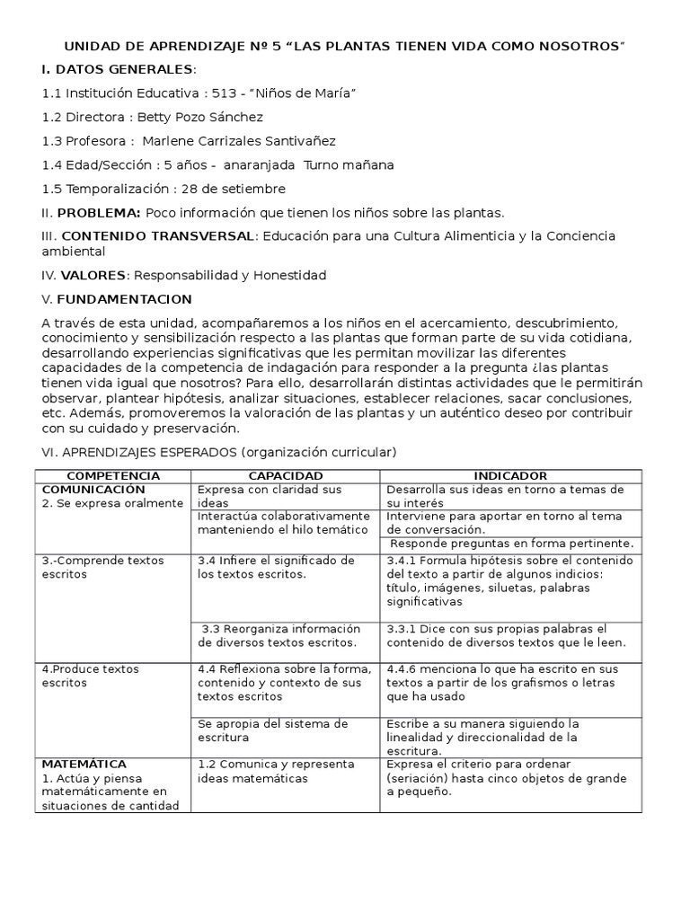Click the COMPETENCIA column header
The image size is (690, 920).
point(113,475)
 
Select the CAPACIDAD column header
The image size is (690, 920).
point(286,475)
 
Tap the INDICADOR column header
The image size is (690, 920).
point(510,475)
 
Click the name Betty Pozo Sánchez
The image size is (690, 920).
point(199,118)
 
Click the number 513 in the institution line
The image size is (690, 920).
point(223,93)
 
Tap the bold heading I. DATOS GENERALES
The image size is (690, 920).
point(117,69)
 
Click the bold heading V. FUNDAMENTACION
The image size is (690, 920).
point(117,298)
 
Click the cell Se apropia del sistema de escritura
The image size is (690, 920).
point(272,730)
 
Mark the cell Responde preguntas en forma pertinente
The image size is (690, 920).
point(511,544)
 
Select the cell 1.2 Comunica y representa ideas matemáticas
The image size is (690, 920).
point(276,771)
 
